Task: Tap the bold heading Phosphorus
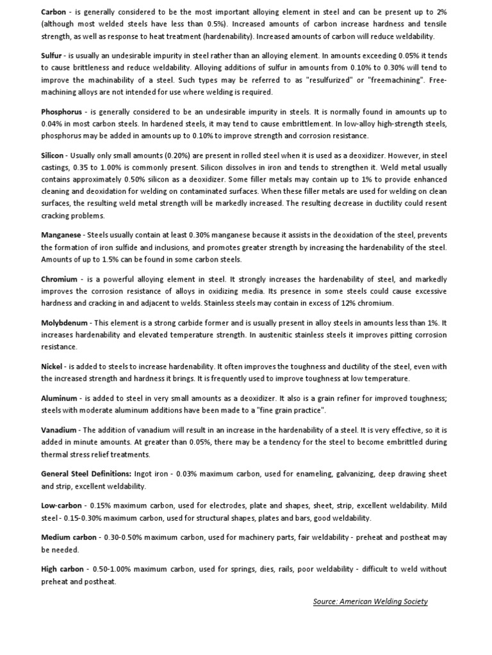[61, 112]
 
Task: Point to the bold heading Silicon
[53, 156]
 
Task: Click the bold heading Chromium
[60, 280]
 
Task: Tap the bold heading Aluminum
[59, 399]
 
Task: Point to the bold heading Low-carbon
[61, 506]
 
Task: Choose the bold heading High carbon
[62, 569]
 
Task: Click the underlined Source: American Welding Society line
[370, 601]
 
